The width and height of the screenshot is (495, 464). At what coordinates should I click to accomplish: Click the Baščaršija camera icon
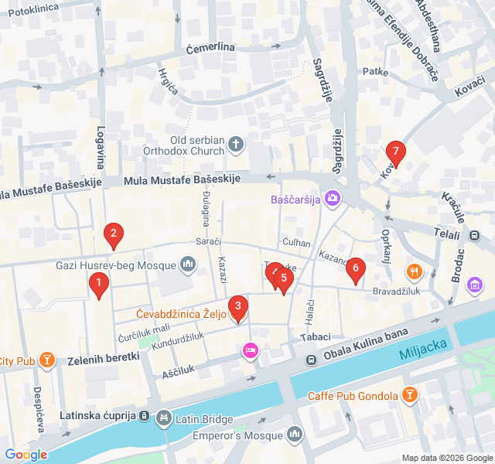333,199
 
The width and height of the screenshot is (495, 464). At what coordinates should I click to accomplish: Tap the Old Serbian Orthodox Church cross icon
236,144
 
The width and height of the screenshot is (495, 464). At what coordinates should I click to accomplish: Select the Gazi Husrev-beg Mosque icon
187,266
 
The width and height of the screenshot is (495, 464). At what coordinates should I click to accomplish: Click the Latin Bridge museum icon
163,419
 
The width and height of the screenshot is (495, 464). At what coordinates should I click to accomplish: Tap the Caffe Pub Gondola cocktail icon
410,397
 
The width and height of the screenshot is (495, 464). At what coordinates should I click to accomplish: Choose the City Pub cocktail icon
48,360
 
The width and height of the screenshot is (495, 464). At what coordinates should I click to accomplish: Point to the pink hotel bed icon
250,350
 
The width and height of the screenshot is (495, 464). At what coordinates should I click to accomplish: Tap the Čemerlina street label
210,48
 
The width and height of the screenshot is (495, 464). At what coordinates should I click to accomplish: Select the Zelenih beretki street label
103,357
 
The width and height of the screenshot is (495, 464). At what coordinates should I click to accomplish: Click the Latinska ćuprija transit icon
144,416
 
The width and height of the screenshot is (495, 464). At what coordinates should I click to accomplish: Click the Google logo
26,455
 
